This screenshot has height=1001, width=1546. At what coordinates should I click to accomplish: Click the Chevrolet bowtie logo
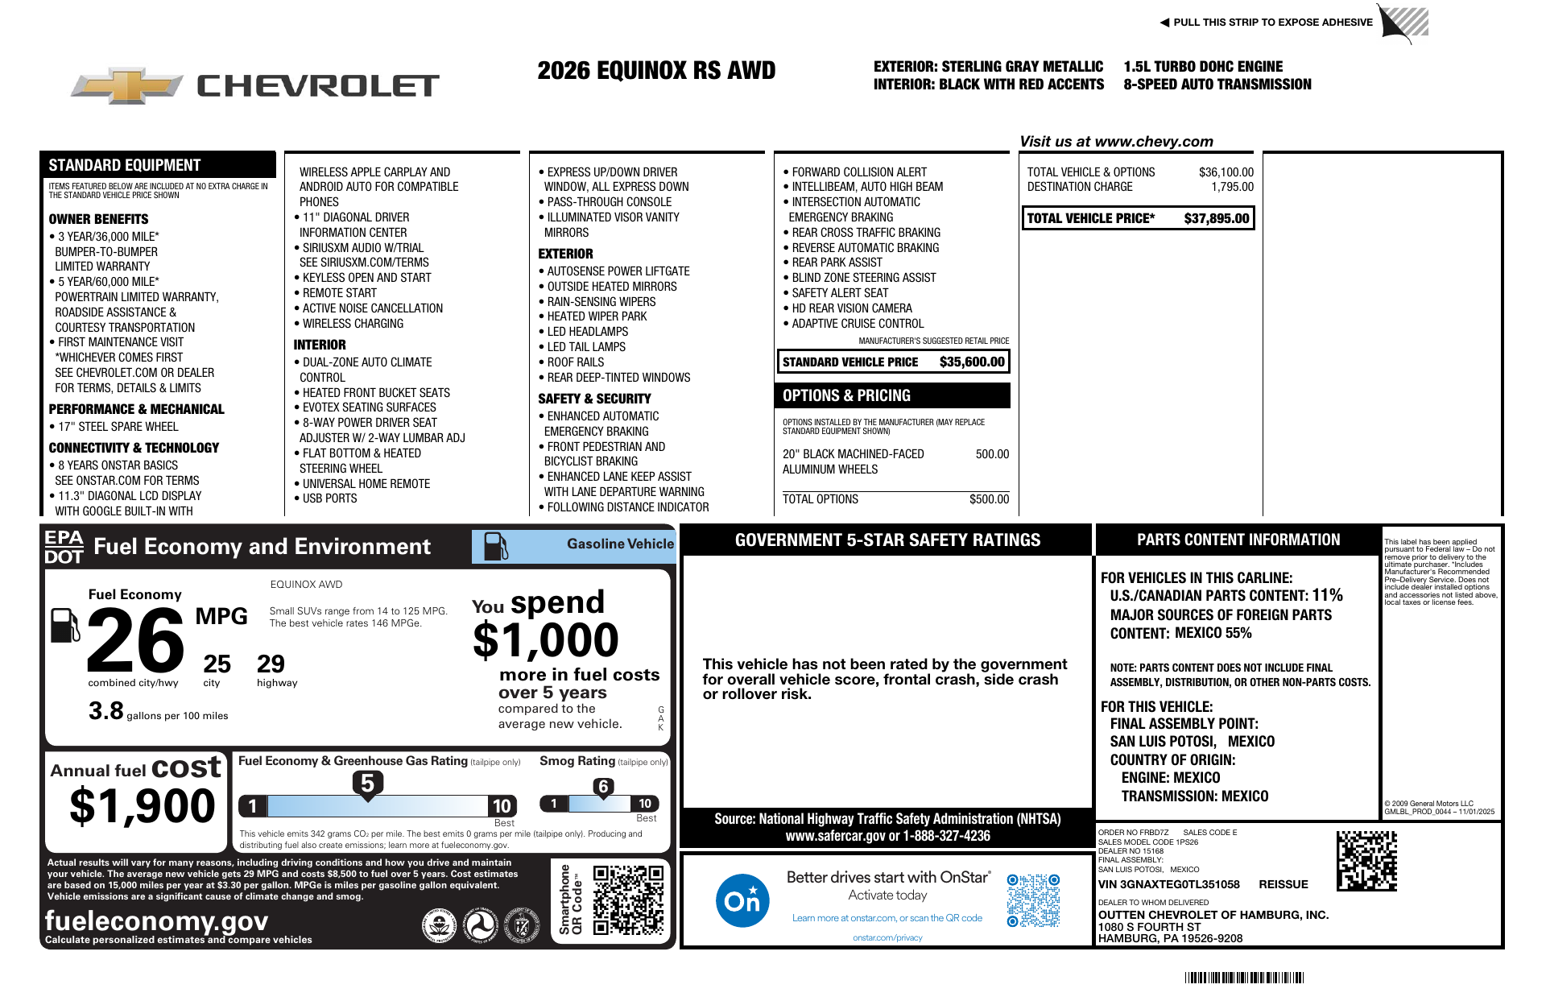[127, 85]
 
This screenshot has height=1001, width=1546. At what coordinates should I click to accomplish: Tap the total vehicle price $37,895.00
[1216, 218]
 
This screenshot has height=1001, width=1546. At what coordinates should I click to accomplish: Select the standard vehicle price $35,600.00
[972, 362]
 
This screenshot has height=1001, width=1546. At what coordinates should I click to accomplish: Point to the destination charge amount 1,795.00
[1232, 187]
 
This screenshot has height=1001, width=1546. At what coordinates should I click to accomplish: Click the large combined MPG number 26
[135, 640]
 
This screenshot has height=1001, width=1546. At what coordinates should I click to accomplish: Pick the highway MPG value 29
[271, 664]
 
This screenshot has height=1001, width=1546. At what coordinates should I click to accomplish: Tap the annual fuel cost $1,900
[143, 806]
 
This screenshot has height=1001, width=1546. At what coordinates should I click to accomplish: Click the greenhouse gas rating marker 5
[367, 783]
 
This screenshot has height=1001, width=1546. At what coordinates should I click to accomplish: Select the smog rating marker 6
[603, 787]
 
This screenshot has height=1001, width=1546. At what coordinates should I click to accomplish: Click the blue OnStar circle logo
[742, 900]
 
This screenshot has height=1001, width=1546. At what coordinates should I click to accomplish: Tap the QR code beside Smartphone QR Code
[628, 900]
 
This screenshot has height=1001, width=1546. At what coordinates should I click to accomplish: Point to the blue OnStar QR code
[1033, 900]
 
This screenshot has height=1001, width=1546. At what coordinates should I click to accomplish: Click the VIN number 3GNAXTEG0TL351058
[1169, 884]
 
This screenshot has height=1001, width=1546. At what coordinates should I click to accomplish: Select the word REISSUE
[1284, 884]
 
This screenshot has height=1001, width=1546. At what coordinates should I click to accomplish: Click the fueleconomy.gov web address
[156, 920]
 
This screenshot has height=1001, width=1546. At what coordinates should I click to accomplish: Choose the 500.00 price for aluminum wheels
[992, 454]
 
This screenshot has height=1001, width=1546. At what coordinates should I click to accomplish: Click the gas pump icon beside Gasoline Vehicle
[495, 546]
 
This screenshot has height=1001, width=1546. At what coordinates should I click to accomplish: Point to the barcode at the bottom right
[1244, 978]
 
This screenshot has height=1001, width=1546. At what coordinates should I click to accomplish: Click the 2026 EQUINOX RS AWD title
[656, 71]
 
